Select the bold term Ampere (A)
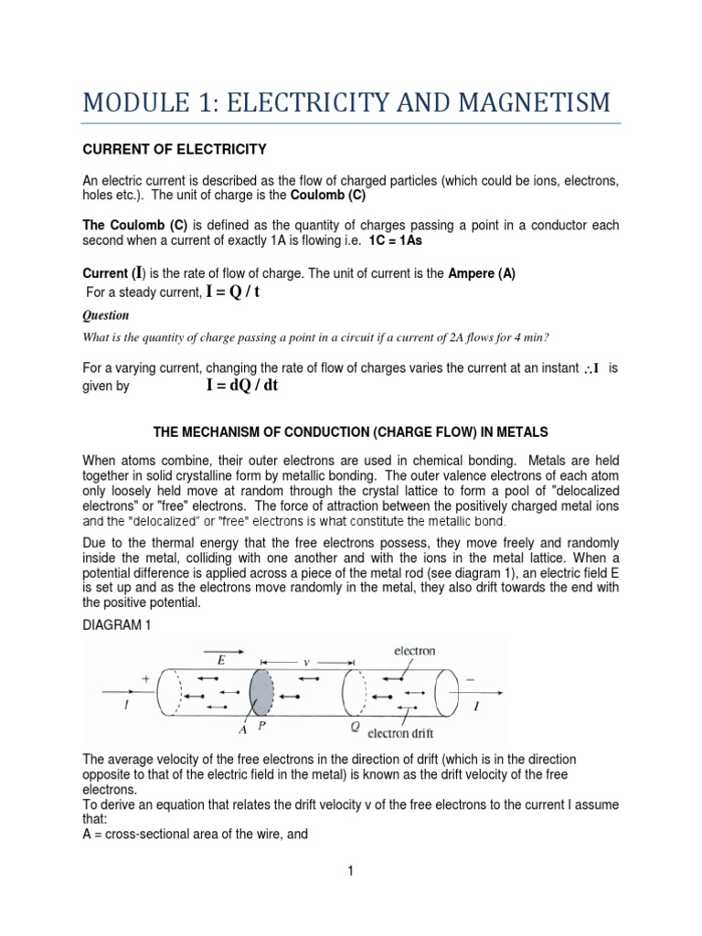click(x=482, y=274)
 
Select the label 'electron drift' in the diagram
click(x=406, y=732)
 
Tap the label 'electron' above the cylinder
click(x=414, y=652)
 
